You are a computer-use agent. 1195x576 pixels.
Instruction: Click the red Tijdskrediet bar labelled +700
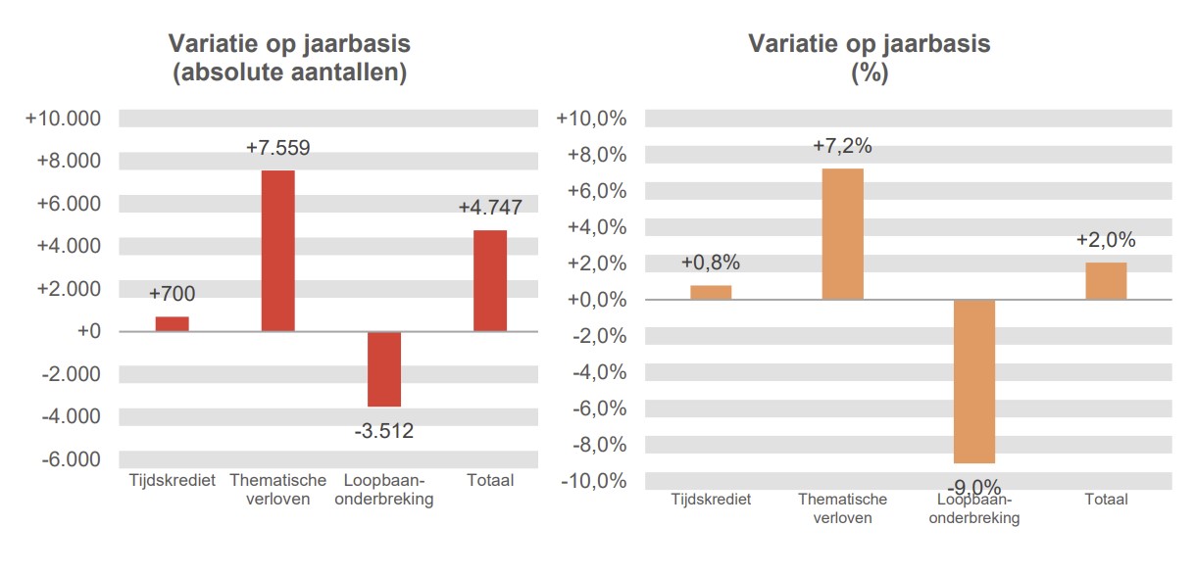point(172,324)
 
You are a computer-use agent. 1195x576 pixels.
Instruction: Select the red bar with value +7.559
point(277,251)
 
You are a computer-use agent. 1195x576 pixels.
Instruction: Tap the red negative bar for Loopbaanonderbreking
point(384,368)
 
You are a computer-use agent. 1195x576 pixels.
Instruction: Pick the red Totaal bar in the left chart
point(490,281)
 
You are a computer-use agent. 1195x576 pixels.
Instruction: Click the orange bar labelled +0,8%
point(711,292)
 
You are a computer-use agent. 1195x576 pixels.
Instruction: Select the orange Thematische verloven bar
point(842,234)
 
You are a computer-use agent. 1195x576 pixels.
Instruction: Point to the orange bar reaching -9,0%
point(974,381)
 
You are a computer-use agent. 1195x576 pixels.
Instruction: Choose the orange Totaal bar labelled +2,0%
point(1106,281)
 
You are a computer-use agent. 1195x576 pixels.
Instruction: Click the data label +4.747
point(490,208)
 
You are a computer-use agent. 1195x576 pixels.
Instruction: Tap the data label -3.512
point(384,430)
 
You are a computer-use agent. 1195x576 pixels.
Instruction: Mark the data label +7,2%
point(842,147)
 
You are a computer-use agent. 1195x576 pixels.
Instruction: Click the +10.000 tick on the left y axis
point(64,119)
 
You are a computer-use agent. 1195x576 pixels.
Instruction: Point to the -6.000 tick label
point(69,459)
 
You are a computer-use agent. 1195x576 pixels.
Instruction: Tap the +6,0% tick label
point(597,191)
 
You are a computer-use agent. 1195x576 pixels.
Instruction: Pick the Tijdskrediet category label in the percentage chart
point(711,500)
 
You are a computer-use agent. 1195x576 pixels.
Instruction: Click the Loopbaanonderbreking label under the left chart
point(384,490)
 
